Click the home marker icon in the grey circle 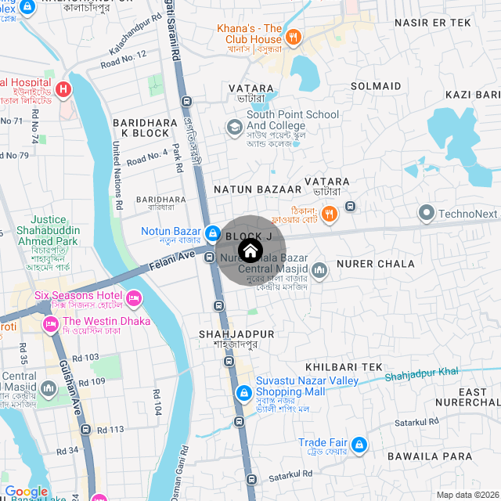pos(250,250)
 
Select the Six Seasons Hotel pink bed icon pos(133,298)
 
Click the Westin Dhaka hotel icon pos(51,323)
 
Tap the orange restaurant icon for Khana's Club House pos(293,36)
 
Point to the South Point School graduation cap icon pos(233,127)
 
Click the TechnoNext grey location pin pos(427,213)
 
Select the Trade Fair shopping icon pos(359,445)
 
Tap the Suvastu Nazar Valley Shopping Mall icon pos(244,389)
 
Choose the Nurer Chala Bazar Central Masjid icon pos(319,271)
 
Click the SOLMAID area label pos(376,86)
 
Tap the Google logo pos(26,492)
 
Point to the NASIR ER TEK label pos(432,23)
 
